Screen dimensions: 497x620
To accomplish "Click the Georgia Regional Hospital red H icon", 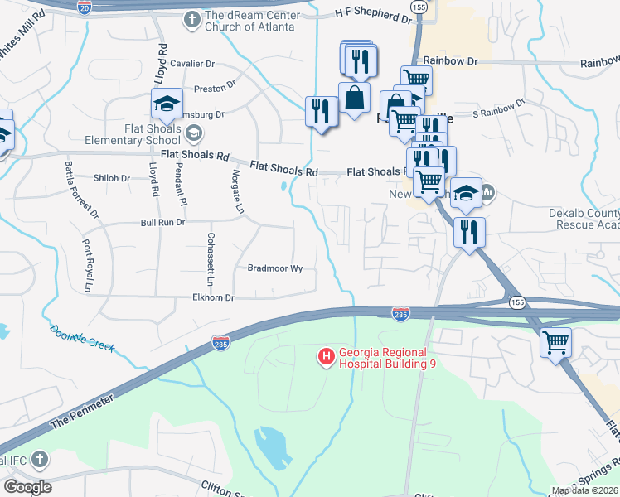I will pos(326,357).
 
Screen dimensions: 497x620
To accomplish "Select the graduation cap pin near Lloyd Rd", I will pos(167,104).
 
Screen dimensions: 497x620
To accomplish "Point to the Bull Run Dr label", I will pos(162,223).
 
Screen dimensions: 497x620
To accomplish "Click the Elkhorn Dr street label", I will pos(213,297).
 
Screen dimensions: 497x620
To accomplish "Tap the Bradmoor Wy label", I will pos(275,268).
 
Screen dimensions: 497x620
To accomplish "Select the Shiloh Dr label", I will pos(112,178).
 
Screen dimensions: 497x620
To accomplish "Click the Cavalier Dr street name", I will pos(192,63).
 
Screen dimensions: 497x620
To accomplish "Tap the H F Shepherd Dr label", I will pos(373,14).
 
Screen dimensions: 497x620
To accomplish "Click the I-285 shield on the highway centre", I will pos(400,313).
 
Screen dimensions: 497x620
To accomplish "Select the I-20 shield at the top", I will pos(85,6).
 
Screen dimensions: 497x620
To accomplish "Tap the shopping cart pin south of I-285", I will pos(555,342).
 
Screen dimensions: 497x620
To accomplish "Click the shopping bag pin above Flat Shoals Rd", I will pos(354,98).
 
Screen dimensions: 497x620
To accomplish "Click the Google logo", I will pos(27,486).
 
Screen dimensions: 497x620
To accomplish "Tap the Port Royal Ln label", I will pos(87,259).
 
